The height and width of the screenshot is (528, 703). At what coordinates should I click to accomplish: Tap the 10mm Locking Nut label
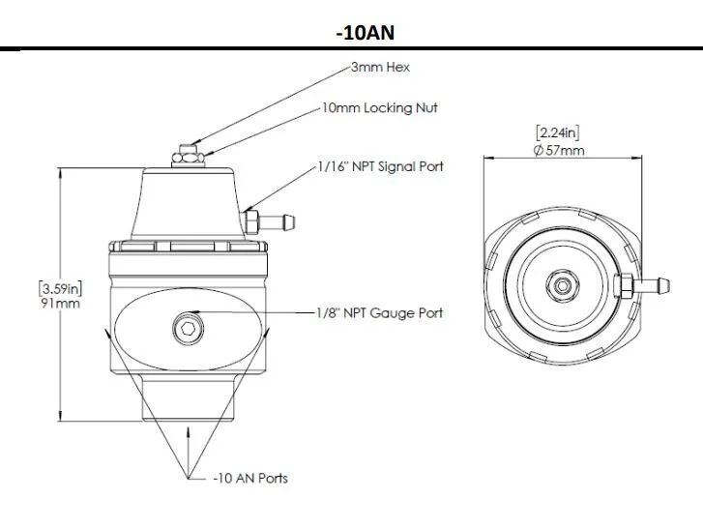pos(380,108)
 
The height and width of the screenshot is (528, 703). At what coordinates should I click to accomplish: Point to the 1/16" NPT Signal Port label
pos(380,166)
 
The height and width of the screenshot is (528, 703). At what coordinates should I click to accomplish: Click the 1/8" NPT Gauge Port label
pos(380,313)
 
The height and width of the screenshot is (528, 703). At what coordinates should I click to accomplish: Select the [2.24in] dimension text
pos(557,133)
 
